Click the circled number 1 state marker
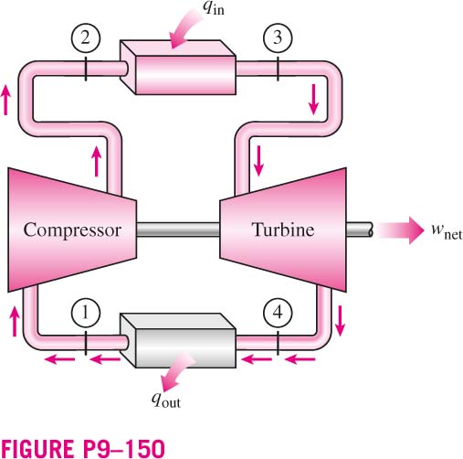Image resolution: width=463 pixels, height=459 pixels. click(86, 313)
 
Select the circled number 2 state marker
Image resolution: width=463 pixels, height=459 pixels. click(86, 38)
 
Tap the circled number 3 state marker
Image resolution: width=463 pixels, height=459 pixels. click(278, 38)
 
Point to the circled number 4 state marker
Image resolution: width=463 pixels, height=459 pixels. click(278, 313)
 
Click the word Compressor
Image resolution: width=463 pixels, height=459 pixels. click(72, 230)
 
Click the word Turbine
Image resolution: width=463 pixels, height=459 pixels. click(283, 229)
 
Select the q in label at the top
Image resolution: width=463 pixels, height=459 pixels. click(214, 8)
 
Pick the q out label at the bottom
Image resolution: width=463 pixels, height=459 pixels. click(166, 400)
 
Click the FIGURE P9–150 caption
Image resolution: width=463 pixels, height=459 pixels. click(83, 448)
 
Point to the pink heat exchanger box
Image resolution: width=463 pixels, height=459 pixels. click(178, 67)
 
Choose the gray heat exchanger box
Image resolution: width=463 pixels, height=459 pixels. click(178, 340)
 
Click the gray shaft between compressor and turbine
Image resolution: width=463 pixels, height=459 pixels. click(178, 229)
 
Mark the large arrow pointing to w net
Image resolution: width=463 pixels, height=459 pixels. click(401, 230)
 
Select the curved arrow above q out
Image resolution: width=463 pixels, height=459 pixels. click(177, 370)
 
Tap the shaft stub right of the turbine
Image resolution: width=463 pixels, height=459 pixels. click(360, 229)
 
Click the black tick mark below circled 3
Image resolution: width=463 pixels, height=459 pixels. click(278, 69)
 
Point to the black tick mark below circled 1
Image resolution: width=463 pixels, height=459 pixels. click(86, 343)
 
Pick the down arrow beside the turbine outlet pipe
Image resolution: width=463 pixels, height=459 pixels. click(340, 321)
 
